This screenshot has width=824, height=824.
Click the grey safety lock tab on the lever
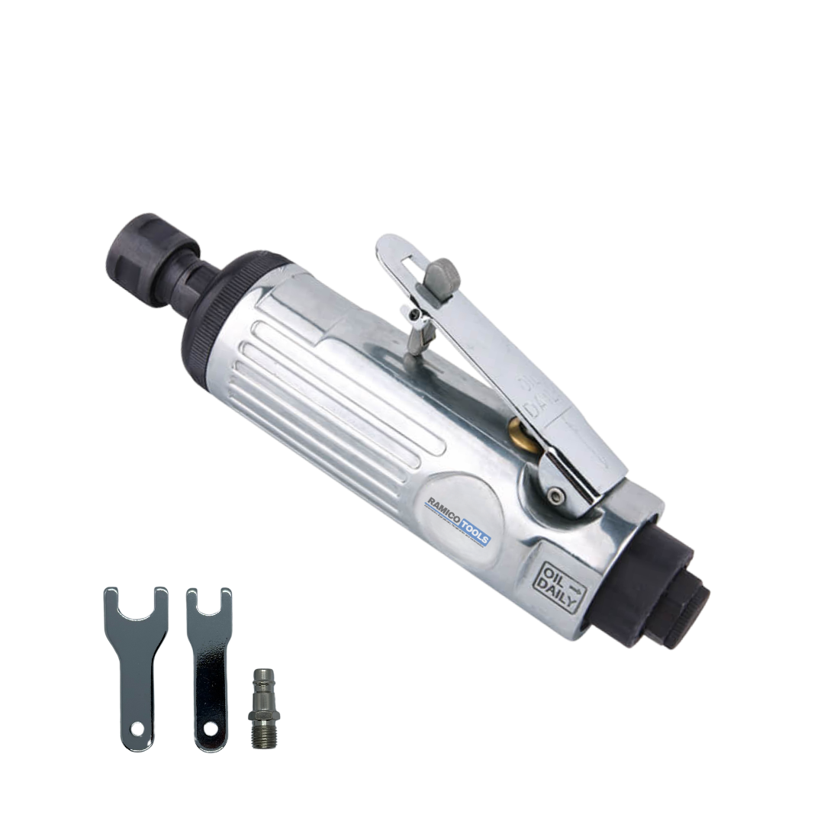(443, 272)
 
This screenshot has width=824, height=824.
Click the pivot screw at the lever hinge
(562, 497)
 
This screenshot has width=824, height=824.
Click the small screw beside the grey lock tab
(414, 314)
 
